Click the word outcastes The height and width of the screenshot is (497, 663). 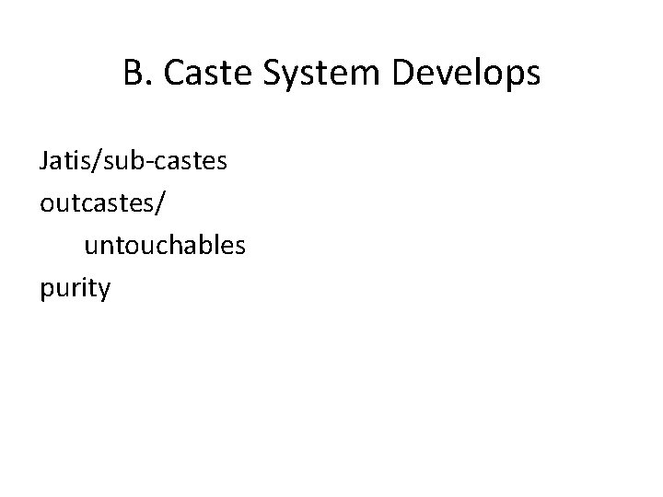click(97, 204)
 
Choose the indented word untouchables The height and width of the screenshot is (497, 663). click(164, 246)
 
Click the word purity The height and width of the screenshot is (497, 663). click(76, 289)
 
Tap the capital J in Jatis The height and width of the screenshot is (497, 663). click(44, 163)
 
